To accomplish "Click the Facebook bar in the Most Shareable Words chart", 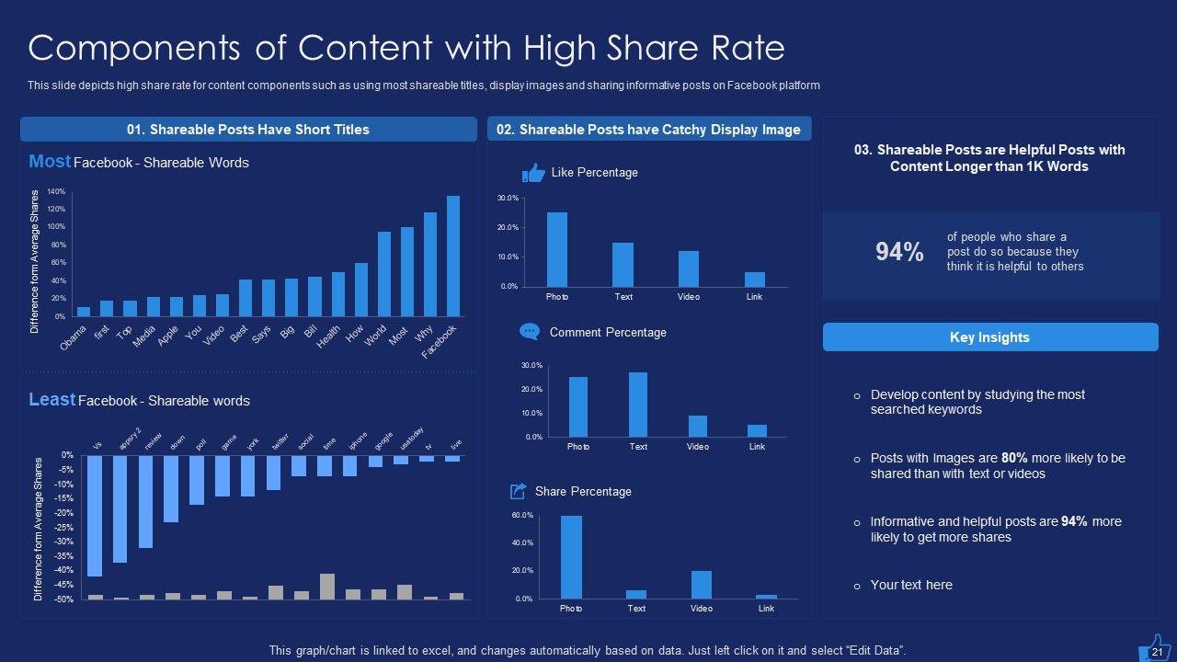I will tap(453, 256).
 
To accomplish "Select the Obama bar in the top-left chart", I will tap(84, 312).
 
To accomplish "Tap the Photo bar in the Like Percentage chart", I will tap(557, 249).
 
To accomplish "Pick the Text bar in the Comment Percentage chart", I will tap(638, 405).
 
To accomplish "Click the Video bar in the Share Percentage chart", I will tap(702, 585).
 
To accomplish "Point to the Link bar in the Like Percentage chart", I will tap(755, 280).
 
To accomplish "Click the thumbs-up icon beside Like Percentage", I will tap(533, 172).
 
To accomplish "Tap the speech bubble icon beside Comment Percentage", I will tap(530, 332).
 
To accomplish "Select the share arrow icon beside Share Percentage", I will tap(519, 491).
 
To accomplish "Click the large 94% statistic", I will tap(899, 252).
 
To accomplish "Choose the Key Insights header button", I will tap(989, 337).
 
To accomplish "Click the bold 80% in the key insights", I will tap(1014, 458).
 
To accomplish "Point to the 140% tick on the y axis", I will tap(56, 192).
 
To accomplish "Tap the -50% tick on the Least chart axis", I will tap(65, 599).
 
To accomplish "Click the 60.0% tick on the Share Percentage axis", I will tap(522, 516).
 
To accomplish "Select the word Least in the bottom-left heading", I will tap(51, 400).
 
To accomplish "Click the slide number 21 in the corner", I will tap(1158, 651).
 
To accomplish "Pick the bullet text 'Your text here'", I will tap(911, 585).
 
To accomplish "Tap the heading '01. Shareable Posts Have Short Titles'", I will tap(247, 130).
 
